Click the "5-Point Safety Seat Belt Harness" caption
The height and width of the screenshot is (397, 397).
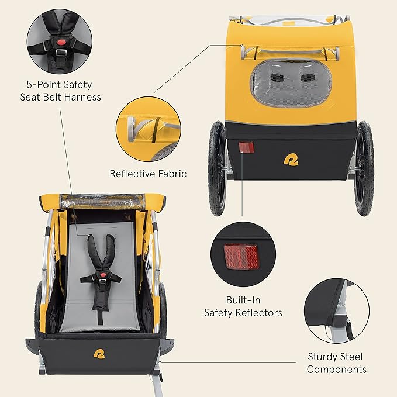point(59,91)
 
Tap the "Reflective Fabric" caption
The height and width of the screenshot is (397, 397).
point(149,174)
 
